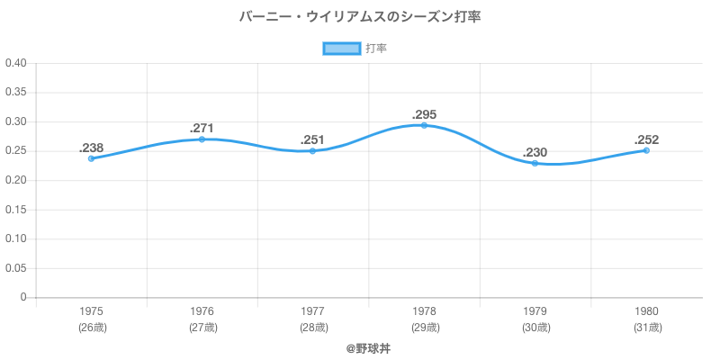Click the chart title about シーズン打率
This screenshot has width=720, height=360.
coord(360,17)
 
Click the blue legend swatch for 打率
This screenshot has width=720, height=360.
coord(342,49)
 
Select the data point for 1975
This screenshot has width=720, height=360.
coord(91,158)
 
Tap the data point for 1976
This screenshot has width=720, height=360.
coord(202,139)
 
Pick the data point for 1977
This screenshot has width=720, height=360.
coord(313,151)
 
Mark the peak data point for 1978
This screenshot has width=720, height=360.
coord(424,125)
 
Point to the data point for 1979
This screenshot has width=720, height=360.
coord(535,163)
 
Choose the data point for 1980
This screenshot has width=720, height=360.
coord(646,150)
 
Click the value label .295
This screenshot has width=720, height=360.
coord(424,114)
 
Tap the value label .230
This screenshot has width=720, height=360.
coord(535,152)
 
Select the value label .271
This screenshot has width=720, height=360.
coord(202,129)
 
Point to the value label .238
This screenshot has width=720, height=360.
coord(91,148)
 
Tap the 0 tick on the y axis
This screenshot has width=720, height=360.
coord(23,298)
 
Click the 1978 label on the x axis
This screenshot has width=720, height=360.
coord(424,311)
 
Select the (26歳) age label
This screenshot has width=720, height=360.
coord(91,328)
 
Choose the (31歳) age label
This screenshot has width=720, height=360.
coord(646,328)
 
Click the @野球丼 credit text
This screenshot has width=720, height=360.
coord(360,347)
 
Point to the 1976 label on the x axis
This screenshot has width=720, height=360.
coord(202,311)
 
